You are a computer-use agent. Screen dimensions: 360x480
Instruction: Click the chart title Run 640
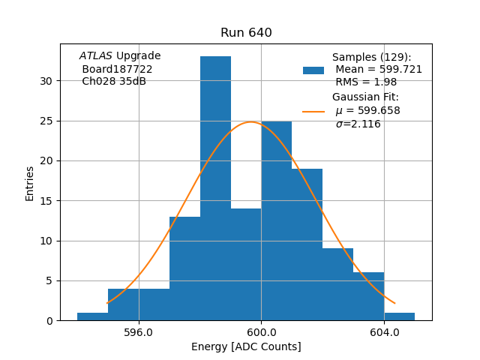tap(246, 33)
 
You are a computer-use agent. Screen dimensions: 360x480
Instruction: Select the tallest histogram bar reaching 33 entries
tap(215, 187)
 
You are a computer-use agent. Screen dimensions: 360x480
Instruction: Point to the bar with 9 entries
tap(337, 284)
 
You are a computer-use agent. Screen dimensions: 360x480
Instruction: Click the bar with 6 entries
tap(368, 296)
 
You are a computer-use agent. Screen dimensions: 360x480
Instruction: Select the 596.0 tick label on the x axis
tap(138, 332)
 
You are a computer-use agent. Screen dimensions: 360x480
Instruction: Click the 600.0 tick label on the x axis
tap(261, 332)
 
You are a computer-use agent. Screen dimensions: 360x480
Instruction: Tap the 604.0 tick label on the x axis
tap(384, 332)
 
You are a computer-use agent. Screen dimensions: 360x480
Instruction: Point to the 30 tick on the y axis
tap(46, 81)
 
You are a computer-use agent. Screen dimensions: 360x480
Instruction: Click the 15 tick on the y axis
tap(46, 201)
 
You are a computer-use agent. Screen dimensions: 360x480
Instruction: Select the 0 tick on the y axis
tap(49, 321)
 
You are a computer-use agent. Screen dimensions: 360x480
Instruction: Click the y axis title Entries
tap(30, 183)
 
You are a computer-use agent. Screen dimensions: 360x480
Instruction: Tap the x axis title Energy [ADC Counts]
tap(246, 346)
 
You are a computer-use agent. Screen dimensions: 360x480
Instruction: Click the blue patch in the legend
tap(313, 70)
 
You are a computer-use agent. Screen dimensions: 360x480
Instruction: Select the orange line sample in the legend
tap(313, 111)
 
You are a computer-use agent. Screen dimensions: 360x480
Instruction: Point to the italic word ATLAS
tap(96, 56)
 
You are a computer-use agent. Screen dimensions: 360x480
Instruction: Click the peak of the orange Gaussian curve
tap(250, 122)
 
